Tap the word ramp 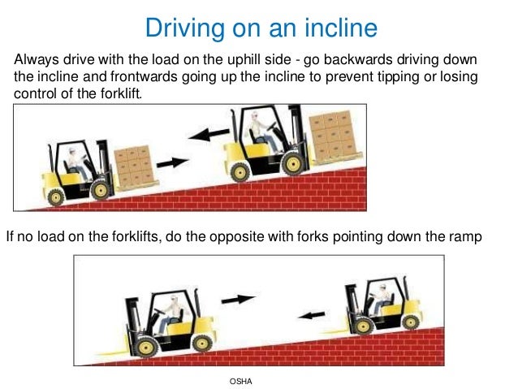pos(465,237)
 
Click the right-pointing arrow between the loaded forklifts pos(171,162)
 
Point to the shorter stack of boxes pos(133,166)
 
